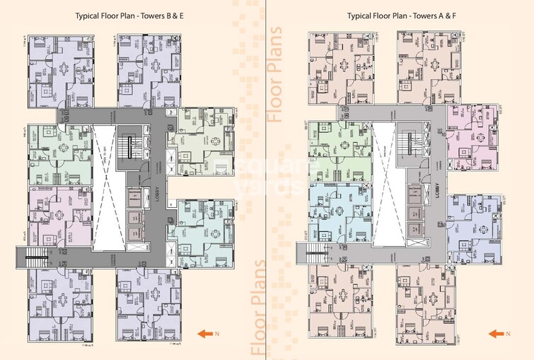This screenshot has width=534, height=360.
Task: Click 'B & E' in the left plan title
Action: point(175,16)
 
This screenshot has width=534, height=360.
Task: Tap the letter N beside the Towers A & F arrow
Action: point(507,332)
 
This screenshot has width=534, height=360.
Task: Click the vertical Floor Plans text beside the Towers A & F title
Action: point(275,74)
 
